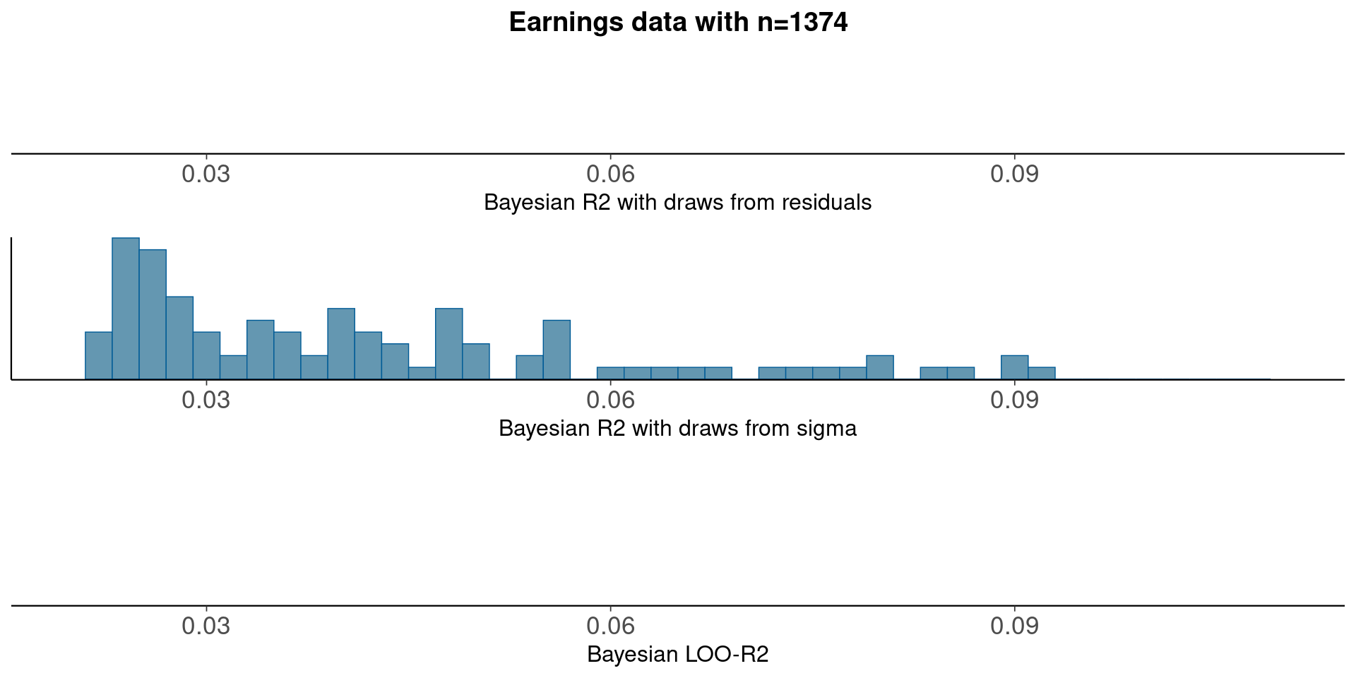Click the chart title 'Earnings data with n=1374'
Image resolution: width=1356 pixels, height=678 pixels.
click(x=678, y=23)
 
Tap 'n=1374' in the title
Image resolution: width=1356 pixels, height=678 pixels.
click(x=802, y=23)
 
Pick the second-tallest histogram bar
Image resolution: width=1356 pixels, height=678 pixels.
click(x=153, y=314)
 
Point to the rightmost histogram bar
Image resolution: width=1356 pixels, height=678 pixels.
click(x=1042, y=373)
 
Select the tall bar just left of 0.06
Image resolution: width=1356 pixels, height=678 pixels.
click(x=557, y=350)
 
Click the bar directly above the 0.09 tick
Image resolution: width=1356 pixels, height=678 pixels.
click(x=1015, y=367)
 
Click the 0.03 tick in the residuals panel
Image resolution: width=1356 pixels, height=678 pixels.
click(x=206, y=174)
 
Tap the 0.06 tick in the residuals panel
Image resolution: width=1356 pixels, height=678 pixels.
click(x=611, y=174)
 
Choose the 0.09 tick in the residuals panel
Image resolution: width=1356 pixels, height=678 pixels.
click(x=1015, y=174)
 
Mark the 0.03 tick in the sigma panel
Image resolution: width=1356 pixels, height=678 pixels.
click(x=206, y=400)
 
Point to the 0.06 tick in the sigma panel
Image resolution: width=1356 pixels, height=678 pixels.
click(x=611, y=400)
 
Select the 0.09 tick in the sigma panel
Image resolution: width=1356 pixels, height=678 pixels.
click(x=1015, y=400)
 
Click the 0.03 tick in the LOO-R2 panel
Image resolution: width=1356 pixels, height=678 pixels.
click(x=206, y=626)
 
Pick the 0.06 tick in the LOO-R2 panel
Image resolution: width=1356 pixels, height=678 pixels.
click(x=611, y=626)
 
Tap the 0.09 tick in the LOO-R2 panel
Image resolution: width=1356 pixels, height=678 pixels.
click(x=1015, y=626)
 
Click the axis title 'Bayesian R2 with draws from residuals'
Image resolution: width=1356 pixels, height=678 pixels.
click(x=678, y=203)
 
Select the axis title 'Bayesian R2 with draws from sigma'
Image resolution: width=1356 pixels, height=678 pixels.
click(x=678, y=429)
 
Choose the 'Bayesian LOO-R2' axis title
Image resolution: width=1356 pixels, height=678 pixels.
click(x=678, y=655)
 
